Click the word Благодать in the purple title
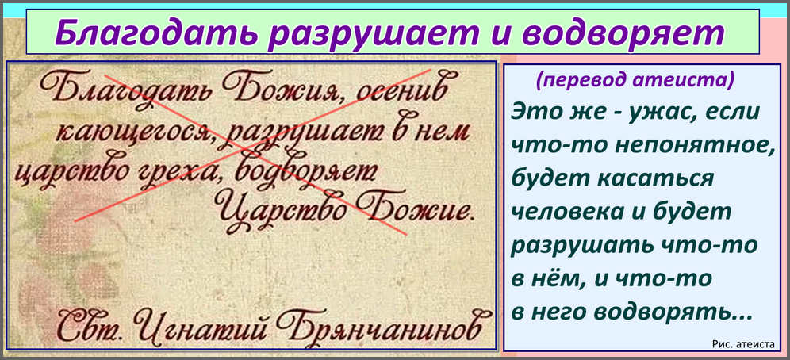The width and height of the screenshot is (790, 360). [x=151, y=34]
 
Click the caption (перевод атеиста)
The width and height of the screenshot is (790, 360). [x=635, y=80]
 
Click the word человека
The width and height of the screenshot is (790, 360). [x=566, y=213]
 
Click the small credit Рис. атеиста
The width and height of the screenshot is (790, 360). [x=743, y=344]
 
